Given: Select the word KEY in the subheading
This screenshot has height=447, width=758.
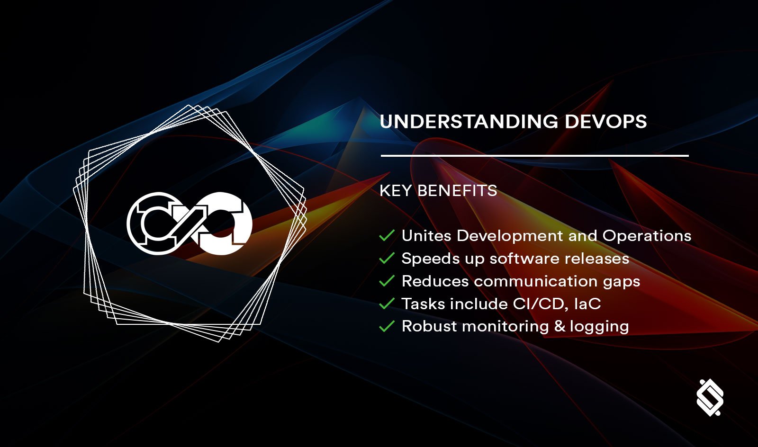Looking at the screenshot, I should (396, 191).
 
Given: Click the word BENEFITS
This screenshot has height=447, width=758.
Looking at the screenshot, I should (457, 191).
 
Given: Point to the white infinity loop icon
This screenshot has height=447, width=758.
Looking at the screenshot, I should (189, 223).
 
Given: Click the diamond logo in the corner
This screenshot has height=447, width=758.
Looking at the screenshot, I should (710, 397).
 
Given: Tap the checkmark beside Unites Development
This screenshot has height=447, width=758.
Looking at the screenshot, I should (387, 235).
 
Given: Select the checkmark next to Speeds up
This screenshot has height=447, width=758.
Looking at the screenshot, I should (387, 258).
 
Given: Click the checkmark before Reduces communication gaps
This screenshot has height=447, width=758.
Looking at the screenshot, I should (387, 281).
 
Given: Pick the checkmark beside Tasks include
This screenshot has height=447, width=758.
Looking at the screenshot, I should (387, 304).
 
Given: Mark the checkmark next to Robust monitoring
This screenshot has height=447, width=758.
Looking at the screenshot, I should (387, 326).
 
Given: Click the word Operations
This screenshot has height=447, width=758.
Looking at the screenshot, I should (647, 235).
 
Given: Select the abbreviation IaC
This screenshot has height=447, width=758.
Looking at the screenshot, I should (587, 304).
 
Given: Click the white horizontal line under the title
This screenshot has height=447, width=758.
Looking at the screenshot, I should (534, 155).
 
